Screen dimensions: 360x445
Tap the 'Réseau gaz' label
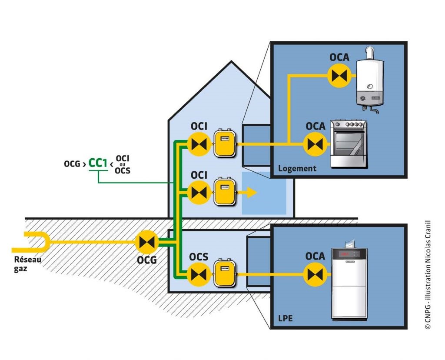coord(27,264)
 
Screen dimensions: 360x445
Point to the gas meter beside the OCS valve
coord(224,274)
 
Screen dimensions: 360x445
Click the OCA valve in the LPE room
coord(314,274)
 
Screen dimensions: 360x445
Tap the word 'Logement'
coord(297,168)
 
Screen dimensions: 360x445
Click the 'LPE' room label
coord(285,319)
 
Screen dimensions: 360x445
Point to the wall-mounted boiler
coord(370,80)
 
